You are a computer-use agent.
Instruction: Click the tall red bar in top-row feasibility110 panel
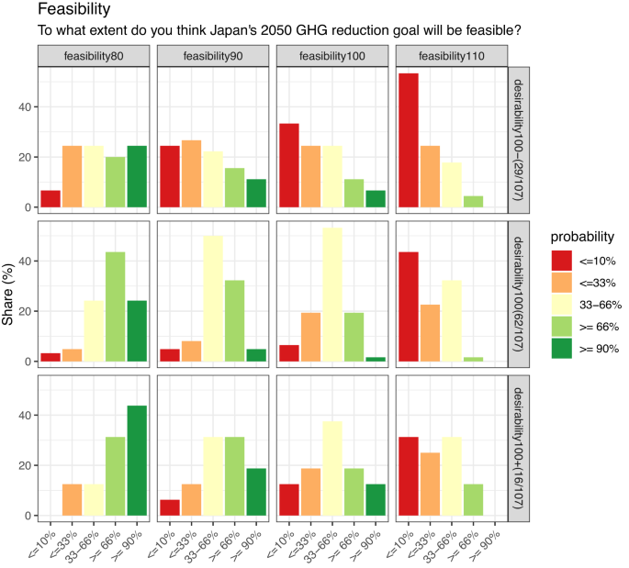(409, 142)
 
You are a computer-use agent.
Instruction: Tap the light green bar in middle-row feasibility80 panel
(117, 308)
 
